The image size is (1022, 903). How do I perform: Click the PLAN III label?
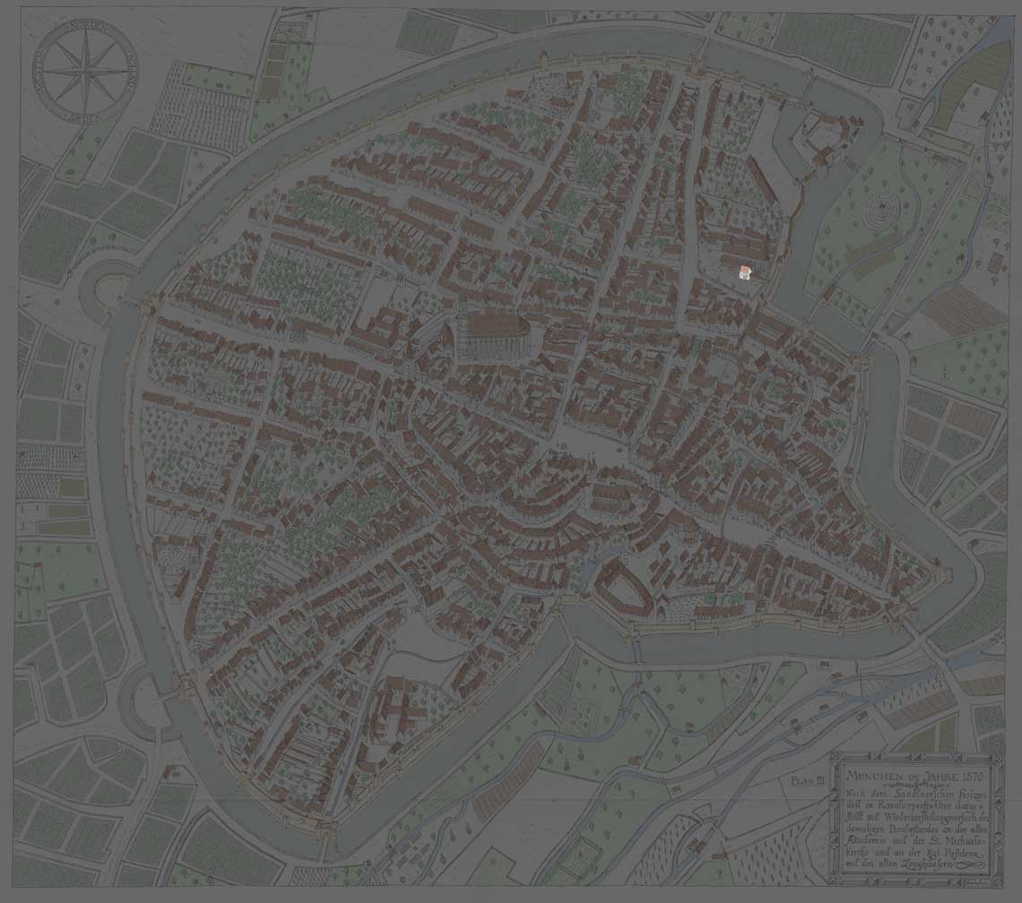pos(808,781)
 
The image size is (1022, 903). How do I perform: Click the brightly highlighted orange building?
pos(743,271)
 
